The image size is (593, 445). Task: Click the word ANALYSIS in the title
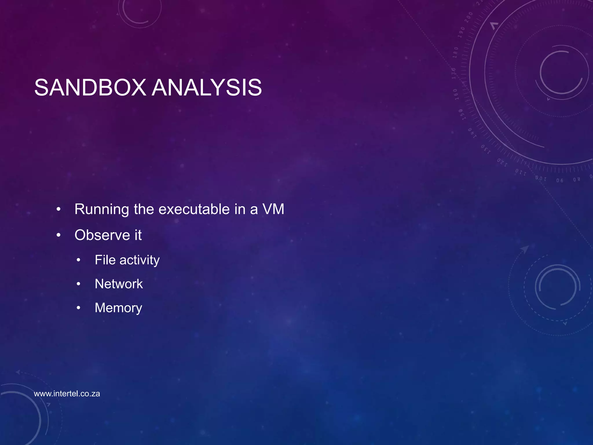[207, 87]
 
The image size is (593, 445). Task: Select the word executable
[194, 209]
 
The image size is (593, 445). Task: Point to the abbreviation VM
[273, 209]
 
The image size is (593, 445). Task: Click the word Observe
[102, 235]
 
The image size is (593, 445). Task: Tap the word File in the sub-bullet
[105, 260]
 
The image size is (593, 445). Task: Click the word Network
[119, 284]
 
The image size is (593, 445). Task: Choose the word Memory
[118, 308]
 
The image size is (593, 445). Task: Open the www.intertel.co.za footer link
[67, 394]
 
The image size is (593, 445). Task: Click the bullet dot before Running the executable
[58, 209]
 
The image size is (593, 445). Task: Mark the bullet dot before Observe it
[58, 235]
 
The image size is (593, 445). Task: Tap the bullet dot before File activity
[78, 260]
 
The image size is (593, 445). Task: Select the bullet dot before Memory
[78, 308]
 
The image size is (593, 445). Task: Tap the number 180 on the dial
[455, 52]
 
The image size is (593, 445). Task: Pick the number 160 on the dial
[455, 94]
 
